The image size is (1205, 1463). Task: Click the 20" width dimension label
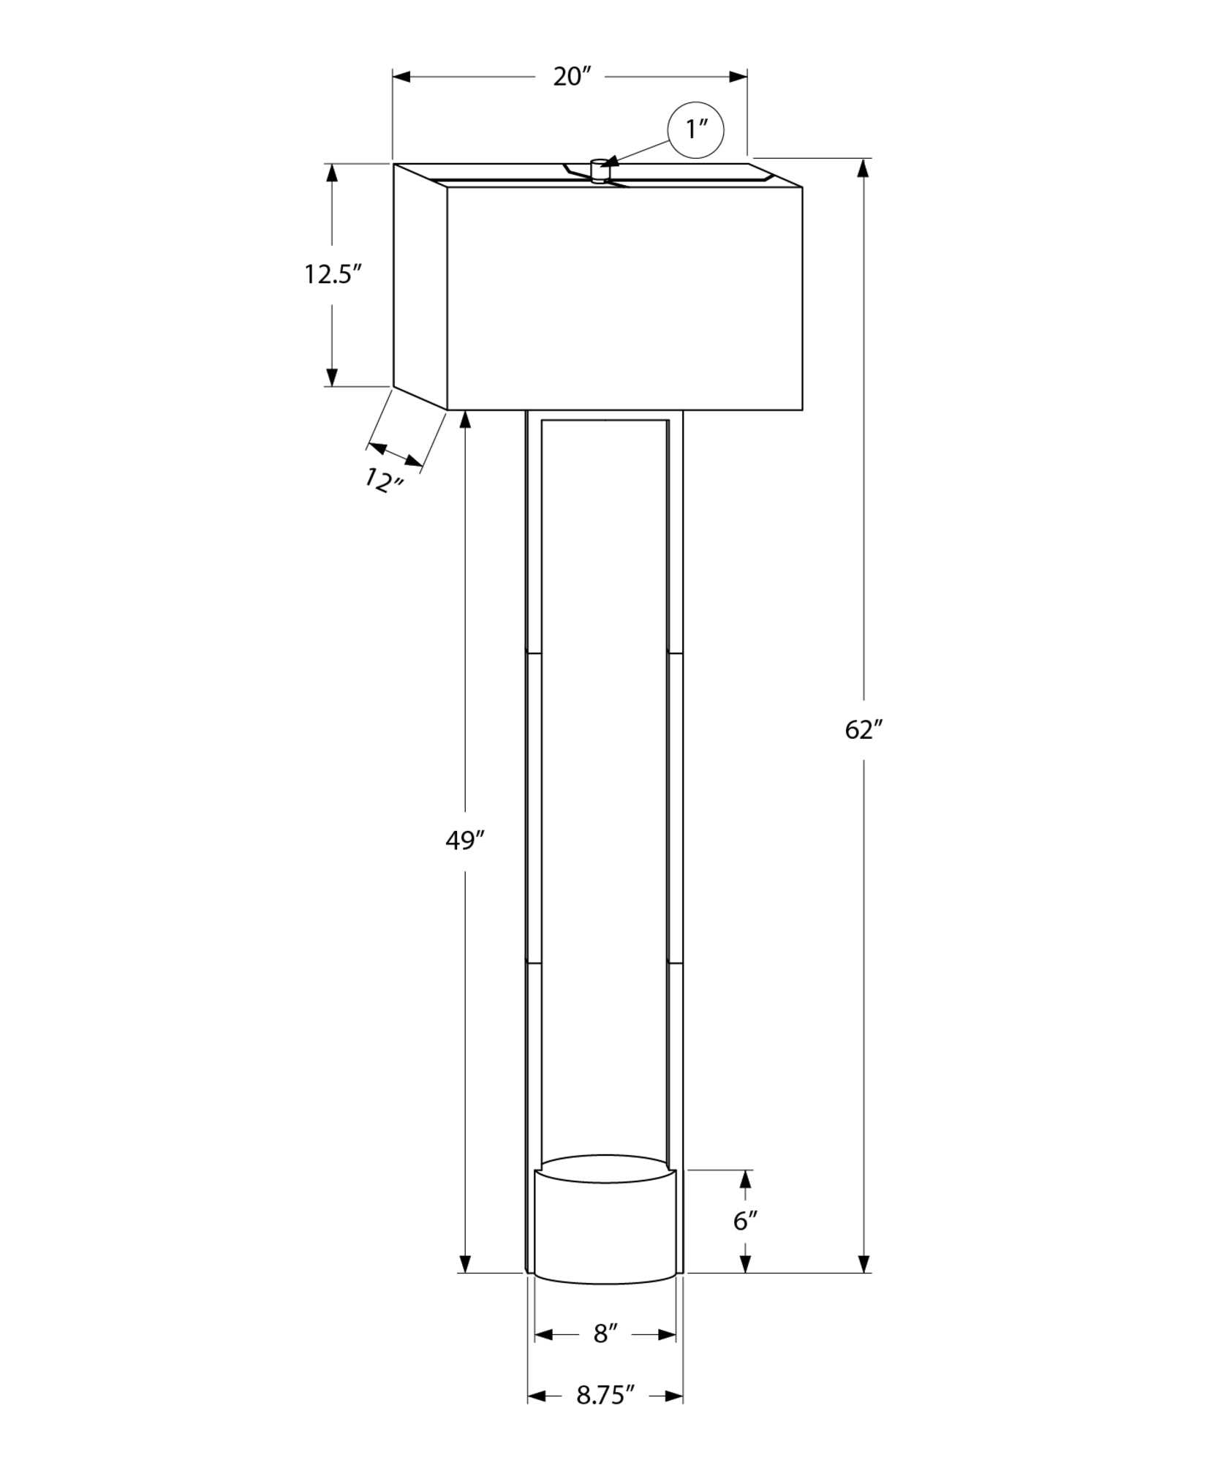571,76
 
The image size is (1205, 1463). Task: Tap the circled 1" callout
695,130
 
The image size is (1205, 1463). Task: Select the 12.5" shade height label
333,275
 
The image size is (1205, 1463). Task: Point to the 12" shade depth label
384,481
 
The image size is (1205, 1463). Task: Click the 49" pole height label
465,841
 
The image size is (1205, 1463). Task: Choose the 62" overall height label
864,729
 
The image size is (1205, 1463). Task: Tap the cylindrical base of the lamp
605,1229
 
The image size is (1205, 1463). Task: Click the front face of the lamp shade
624,298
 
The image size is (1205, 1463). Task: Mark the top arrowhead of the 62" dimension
864,168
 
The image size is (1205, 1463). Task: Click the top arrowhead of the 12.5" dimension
332,173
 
